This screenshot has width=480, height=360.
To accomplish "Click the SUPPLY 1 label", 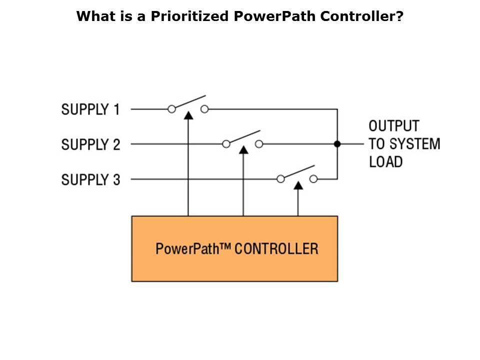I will (90, 109).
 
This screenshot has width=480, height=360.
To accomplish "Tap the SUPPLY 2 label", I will (90, 144).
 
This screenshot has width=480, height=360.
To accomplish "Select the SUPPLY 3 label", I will (90, 179).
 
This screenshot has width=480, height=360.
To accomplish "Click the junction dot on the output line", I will (337, 144).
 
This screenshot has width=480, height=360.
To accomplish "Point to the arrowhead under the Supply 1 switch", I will (188, 115).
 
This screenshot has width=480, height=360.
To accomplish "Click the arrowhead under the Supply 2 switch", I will (243, 149).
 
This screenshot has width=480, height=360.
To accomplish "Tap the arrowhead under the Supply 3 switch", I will (298, 185).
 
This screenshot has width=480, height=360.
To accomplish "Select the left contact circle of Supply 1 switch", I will (171, 109).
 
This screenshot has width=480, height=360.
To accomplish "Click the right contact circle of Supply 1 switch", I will (204, 109).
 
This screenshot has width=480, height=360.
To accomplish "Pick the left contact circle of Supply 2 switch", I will (226, 144).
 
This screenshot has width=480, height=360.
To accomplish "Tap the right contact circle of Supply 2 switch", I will (259, 144).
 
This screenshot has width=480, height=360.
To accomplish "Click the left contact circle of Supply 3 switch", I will (281, 178).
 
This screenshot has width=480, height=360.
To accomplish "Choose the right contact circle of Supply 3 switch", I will (313, 178).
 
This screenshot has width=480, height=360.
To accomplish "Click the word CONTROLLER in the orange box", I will (276, 248).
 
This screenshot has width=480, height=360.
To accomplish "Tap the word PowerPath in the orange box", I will (187, 248).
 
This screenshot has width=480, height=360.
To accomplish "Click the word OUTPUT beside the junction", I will (394, 125).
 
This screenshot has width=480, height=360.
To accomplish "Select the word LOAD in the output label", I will (385, 161).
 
